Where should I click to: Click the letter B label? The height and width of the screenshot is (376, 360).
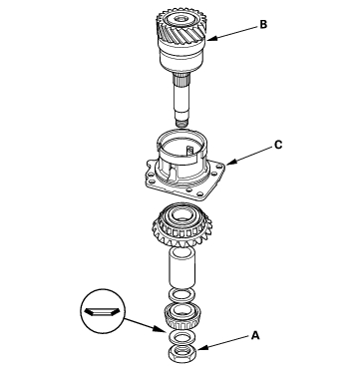click(263, 25)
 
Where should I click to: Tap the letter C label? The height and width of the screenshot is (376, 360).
click(278, 145)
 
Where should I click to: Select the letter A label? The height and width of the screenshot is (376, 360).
click(255, 335)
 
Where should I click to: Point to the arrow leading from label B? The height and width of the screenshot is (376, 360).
click(232, 33)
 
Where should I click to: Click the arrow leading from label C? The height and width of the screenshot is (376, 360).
click(249, 156)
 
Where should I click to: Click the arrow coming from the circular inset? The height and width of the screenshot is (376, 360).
click(144, 325)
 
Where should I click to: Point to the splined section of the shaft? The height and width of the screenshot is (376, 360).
click(181, 80)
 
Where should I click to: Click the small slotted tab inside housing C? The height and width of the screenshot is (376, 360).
click(189, 151)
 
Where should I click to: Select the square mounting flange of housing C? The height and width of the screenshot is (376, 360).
click(185, 183)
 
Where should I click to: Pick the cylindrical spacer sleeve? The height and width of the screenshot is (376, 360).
click(181, 267)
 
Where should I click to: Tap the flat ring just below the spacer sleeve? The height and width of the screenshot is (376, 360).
click(181, 295)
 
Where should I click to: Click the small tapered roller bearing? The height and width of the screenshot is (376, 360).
click(181, 316)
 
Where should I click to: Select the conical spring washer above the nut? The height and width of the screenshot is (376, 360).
click(181, 338)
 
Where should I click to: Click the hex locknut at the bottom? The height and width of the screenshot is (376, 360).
click(181, 354)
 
